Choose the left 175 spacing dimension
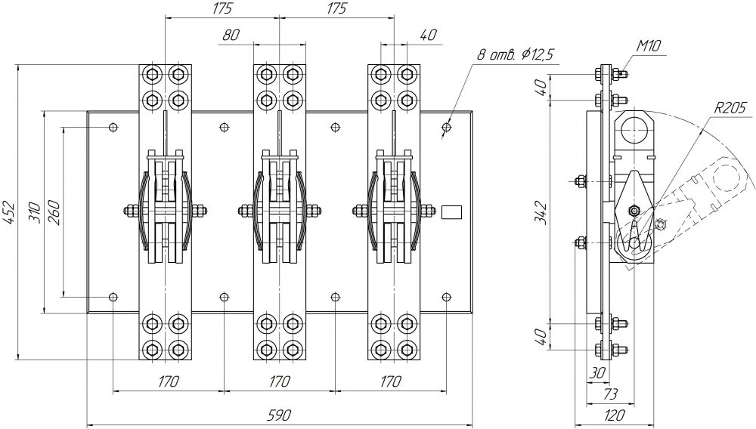tap(222, 9)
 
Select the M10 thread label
tap(649, 47)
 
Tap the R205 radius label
tap(730, 107)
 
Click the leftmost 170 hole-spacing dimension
tap(168, 382)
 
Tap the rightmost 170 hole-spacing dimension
tap(391, 382)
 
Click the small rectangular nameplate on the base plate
tap(451, 212)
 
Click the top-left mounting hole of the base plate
tap(113, 127)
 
